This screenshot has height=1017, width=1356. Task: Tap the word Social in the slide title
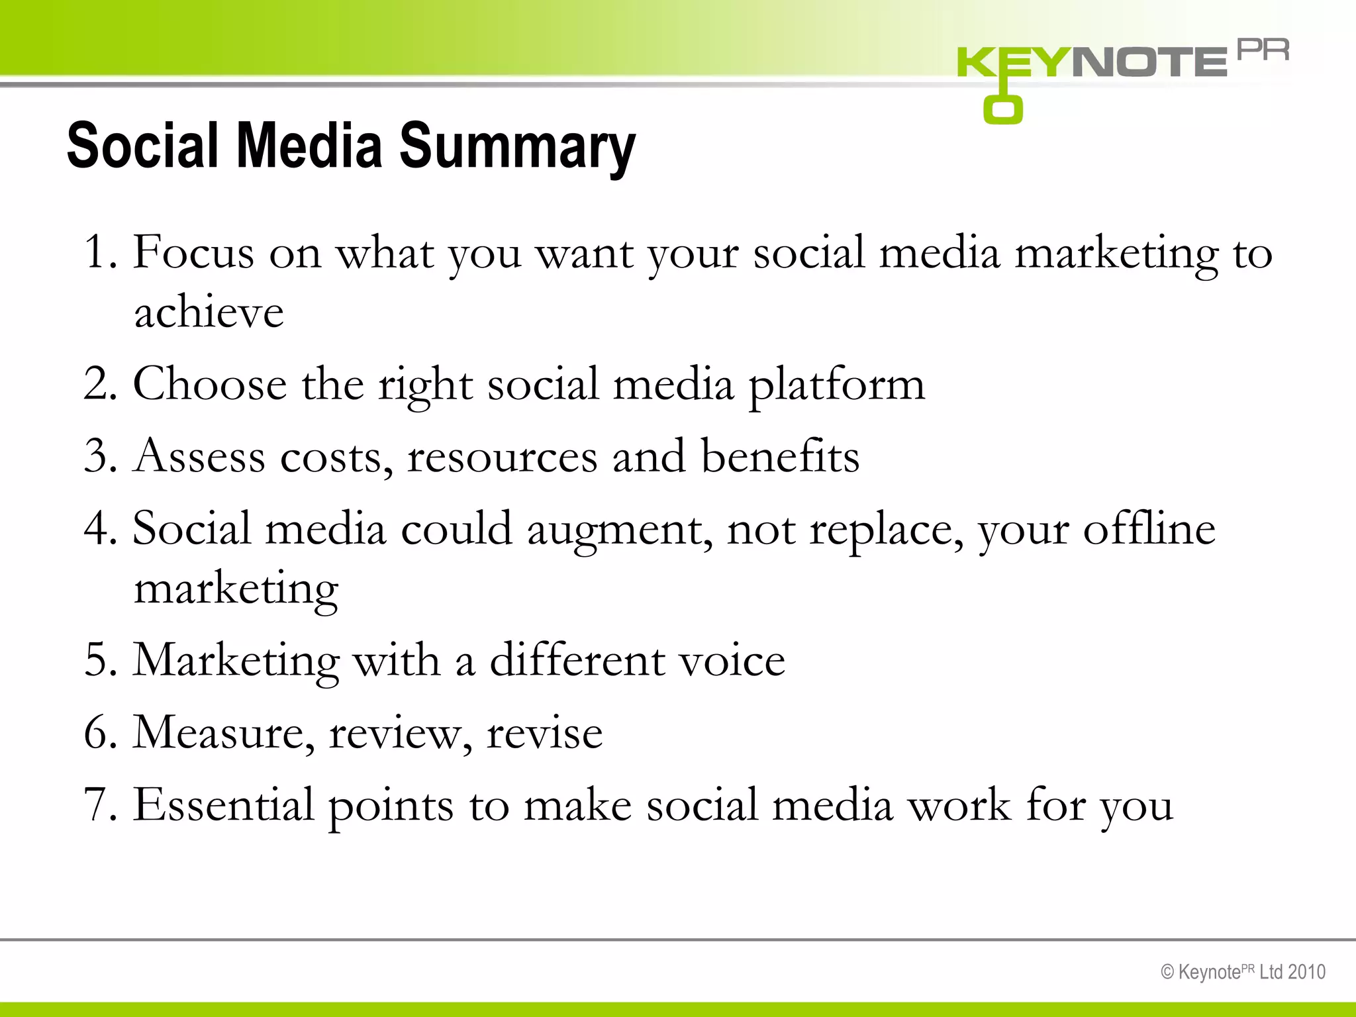coord(142,146)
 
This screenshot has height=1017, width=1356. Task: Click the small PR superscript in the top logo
coord(1263,50)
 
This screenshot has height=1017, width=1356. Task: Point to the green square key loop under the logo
coord(1002,110)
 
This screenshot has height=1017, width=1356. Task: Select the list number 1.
coord(98,252)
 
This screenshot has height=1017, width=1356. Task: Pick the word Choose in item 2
coord(210,384)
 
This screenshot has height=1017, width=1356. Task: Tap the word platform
coord(836,385)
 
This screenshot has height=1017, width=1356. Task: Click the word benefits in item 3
coord(780,456)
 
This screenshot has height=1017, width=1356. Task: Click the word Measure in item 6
coord(224,733)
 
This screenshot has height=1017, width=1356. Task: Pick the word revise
coord(544,734)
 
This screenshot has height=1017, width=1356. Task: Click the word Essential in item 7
coord(223,805)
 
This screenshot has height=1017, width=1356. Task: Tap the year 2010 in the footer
coord(1306,972)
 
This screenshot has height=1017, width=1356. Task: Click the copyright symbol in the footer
coord(1167,972)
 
